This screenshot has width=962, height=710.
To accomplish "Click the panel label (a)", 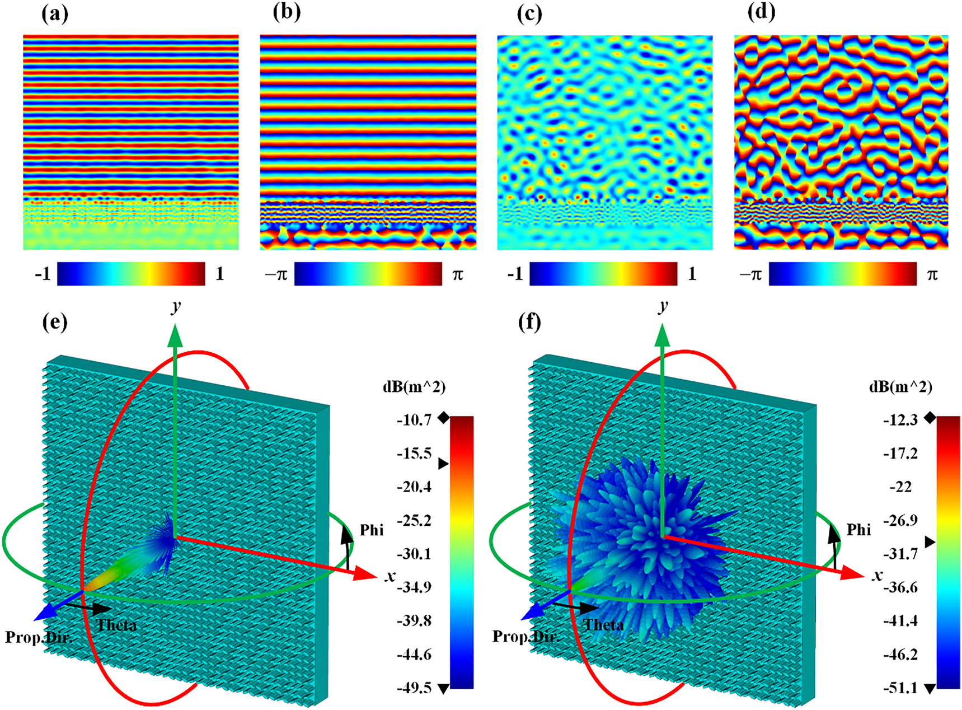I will pyautogui.click(x=55, y=13).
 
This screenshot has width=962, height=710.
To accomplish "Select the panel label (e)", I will pyautogui.click(x=55, y=323).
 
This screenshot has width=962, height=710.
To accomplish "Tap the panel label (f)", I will pyautogui.click(x=529, y=323).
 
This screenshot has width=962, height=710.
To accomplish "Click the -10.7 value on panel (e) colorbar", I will pyautogui.click(x=414, y=419).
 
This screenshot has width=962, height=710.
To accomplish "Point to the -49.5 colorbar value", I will pyautogui.click(x=414, y=688).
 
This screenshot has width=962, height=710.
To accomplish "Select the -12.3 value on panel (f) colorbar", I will pyautogui.click(x=900, y=419).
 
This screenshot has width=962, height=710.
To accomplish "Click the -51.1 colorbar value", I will pyautogui.click(x=900, y=688).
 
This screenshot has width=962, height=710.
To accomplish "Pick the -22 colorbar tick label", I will pyautogui.click(x=900, y=487).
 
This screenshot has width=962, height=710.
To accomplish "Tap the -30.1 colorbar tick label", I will pyautogui.click(x=414, y=554).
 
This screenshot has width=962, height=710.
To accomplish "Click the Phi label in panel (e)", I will pyautogui.click(x=372, y=530).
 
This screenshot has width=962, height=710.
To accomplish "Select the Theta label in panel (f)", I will pyautogui.click(x=604, y=625).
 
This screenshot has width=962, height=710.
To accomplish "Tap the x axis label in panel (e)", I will pyautogui.click(x=390, y=576).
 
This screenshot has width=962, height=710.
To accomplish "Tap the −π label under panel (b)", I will pyautogui.click(x=276, y=274).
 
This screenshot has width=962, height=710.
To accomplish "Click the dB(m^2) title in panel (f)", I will pyautogui.click(x=900, y=387).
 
